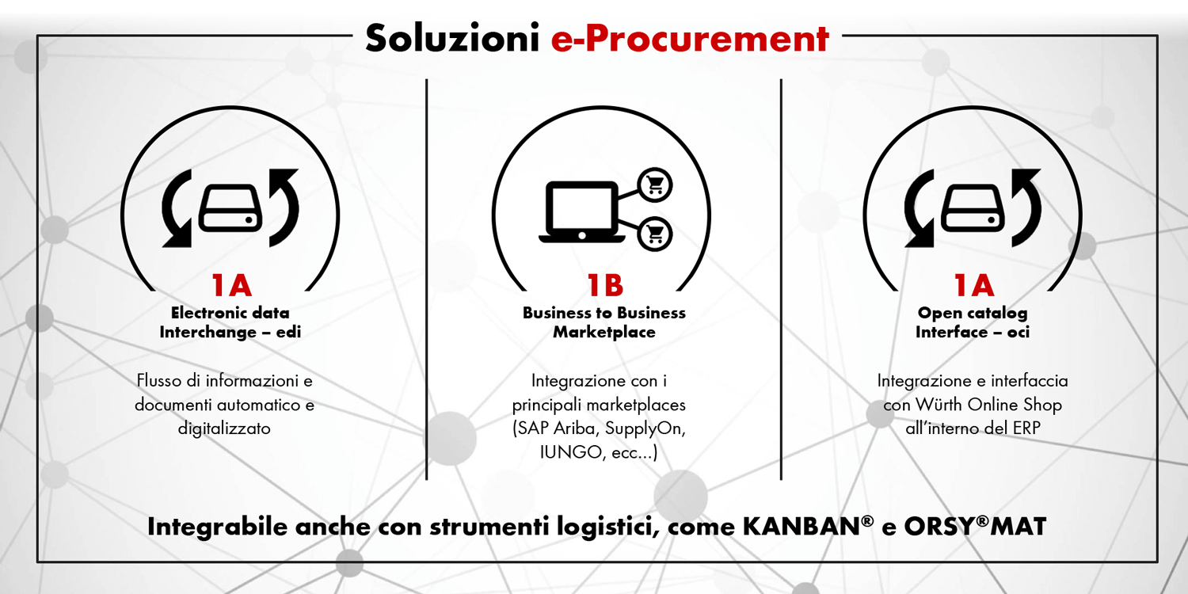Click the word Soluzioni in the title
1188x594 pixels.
click(x=452, y=38)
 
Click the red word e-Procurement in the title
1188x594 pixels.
click(x=690, y=38)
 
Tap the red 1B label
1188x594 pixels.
click(x=605, y=285)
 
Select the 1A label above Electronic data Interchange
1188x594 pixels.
click(x=231, y=285)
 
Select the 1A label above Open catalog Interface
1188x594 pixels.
click(x=973, y=285)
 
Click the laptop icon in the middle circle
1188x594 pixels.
click(x=582, y=212)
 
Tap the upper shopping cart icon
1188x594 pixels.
click(x=655, y=185)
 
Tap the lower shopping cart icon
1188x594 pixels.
click(x=655, y=234)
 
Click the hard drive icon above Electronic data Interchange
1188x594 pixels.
click(x=230, y=208)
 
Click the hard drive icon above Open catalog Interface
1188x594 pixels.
click(x=973, y=208)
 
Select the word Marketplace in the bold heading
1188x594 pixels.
click(x=604, y=333)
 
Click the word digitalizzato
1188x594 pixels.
click(x=224, y=428)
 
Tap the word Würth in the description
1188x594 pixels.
click(x=939, y=405)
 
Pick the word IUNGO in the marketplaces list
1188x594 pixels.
click(x=571, y=452)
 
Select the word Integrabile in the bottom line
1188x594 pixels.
click(x=218, y=527)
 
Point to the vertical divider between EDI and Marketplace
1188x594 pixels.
click(x=426, y=280)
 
